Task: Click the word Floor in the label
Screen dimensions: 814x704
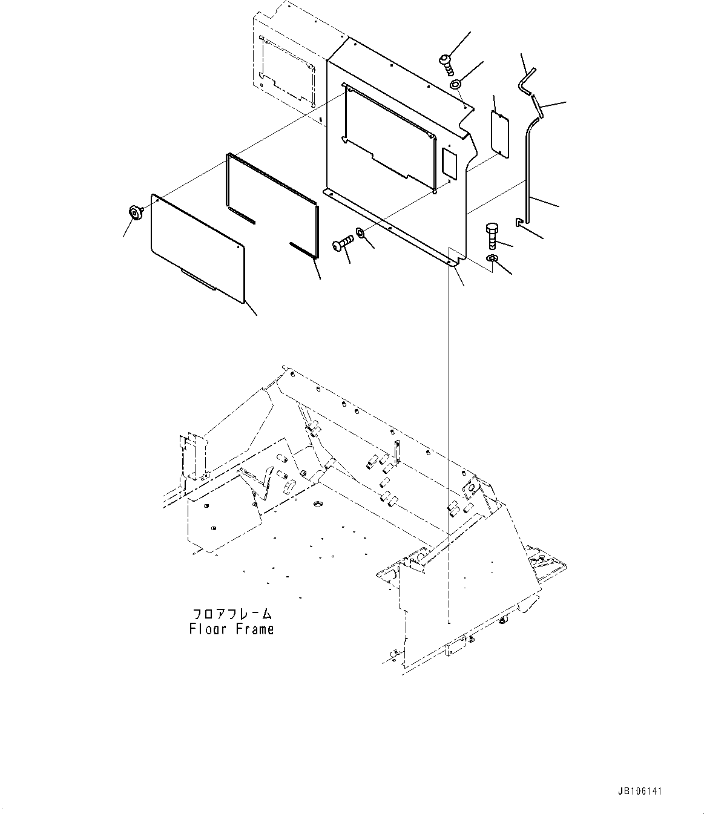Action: pyautogui.click(x=208, y=629)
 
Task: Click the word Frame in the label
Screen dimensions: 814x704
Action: pyautogui.click(x=252, y=629)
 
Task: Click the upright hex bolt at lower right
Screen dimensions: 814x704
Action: pyautogui.click(x=490, y=237)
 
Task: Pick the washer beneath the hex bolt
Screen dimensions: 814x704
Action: pyautogui.click(x=493, y=260)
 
